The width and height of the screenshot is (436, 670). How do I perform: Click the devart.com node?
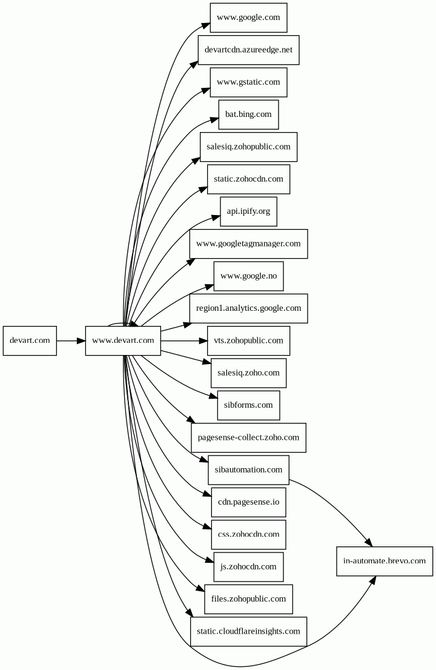click(x=30, y=340)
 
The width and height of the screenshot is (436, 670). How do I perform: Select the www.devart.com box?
click(x=123, y=340)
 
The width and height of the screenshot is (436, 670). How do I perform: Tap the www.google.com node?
click(x=248, y=18)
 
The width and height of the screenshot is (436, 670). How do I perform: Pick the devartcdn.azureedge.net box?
click(x=248, y=50)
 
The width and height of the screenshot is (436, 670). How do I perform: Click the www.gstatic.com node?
click(x=248, y=82)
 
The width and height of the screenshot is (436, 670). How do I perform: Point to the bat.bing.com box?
click(x=248, y=114)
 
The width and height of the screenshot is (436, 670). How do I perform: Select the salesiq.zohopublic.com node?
click(x=248, y=147)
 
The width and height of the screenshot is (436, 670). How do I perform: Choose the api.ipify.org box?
click(x=248, y=211)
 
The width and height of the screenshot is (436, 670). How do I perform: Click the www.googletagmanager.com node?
click(x=248, y=244)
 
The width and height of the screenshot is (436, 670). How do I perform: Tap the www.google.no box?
click(x=248, y=276)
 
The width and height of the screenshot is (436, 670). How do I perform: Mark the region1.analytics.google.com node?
click(x=248, y=308)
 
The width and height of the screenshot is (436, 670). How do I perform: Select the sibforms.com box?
click(x=248, y=405)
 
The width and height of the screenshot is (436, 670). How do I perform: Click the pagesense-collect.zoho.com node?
click(x=248, y=437)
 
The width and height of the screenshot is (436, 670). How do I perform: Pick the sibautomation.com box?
click(x=248, y=470)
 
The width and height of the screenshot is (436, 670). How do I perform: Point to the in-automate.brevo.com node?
click(x=385, y=561)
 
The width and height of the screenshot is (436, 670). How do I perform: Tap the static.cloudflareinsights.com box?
click(x=248, y=632)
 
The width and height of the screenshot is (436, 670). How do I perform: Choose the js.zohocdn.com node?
click(x=248, y=567)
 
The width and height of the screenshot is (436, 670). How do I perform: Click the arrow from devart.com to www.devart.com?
click(x=71, y=340)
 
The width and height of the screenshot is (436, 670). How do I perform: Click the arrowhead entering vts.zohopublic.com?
click(x=203, y=340)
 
